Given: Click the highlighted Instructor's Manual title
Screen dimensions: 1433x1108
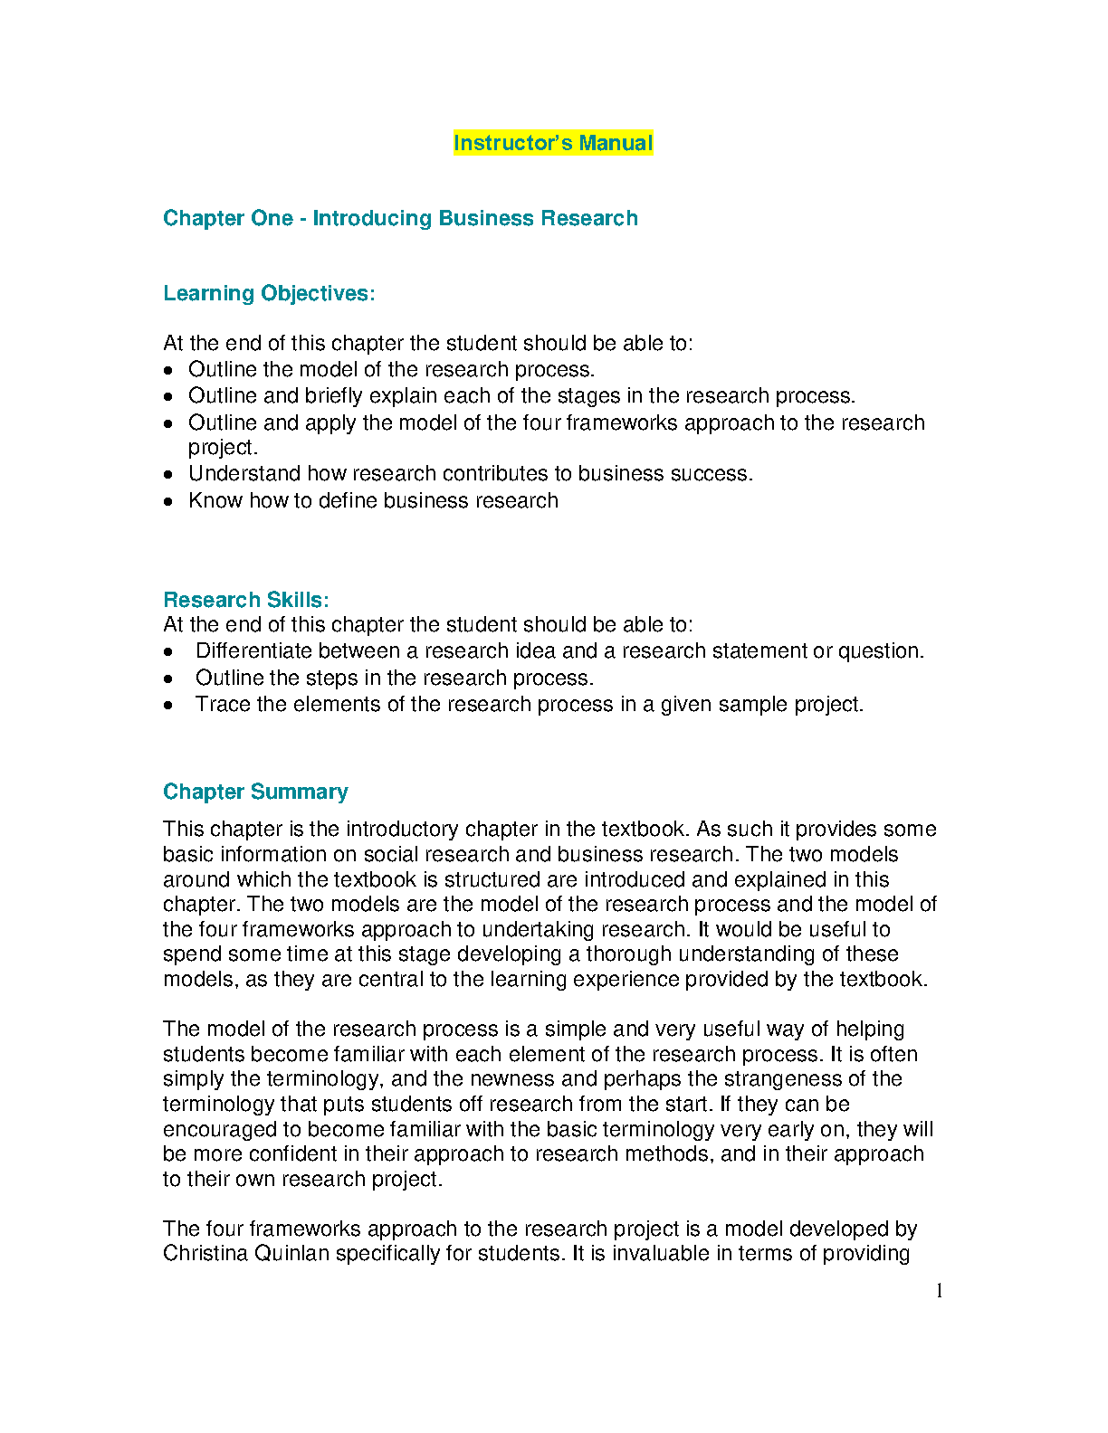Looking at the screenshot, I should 552,143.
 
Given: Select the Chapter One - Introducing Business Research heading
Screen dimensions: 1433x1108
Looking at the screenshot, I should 400,218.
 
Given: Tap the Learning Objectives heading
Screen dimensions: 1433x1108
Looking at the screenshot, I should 269,293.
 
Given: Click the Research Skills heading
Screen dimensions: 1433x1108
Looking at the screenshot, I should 245,600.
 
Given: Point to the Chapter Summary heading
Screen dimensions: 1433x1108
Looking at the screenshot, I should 255,792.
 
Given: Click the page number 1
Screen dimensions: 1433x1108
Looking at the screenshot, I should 940,1291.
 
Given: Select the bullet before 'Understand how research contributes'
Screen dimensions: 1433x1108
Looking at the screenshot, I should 168,474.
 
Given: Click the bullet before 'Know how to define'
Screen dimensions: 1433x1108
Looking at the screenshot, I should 168,501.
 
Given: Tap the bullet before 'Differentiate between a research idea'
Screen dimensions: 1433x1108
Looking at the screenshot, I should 168,651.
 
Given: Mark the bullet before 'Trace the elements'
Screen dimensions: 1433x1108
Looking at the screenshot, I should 168,705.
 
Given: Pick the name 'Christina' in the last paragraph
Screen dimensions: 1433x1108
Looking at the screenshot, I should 205,1253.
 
